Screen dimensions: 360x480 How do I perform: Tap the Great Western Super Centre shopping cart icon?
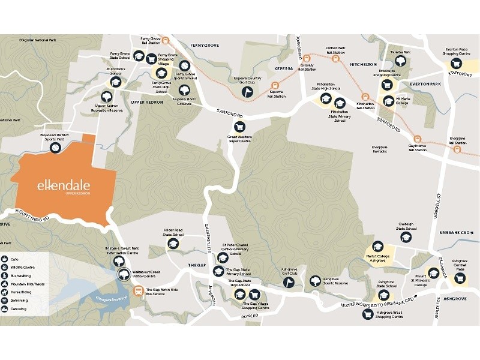(x=239, y=127)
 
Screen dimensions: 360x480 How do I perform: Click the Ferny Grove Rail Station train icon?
(x=170, y=41)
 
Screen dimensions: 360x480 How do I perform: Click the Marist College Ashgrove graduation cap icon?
(x=377, y=246)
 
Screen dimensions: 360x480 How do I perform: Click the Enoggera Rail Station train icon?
(x=458, y=150)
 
